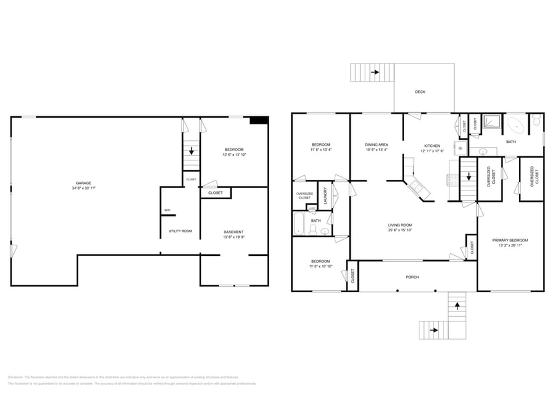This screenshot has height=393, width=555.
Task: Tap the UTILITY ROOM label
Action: (180, 231)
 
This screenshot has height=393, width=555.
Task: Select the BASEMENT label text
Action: (234, 231)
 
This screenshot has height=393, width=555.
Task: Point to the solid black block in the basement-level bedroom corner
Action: (258, 121)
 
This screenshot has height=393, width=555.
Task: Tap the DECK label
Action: (420, 92)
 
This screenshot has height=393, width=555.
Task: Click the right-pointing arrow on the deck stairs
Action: (375, 72)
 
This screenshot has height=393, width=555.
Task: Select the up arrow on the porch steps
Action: (457, 305)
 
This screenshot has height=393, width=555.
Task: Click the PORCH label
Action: (412, 276)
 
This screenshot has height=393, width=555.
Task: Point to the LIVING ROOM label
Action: (400, 225)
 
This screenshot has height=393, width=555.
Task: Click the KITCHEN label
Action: (432, 145)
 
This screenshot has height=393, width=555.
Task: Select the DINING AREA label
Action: (376, 144)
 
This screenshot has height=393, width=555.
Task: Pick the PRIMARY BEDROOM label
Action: (510, 240)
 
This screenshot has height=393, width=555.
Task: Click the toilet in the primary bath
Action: (536, 122)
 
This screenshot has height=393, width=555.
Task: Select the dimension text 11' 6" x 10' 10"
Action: (320, 266)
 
